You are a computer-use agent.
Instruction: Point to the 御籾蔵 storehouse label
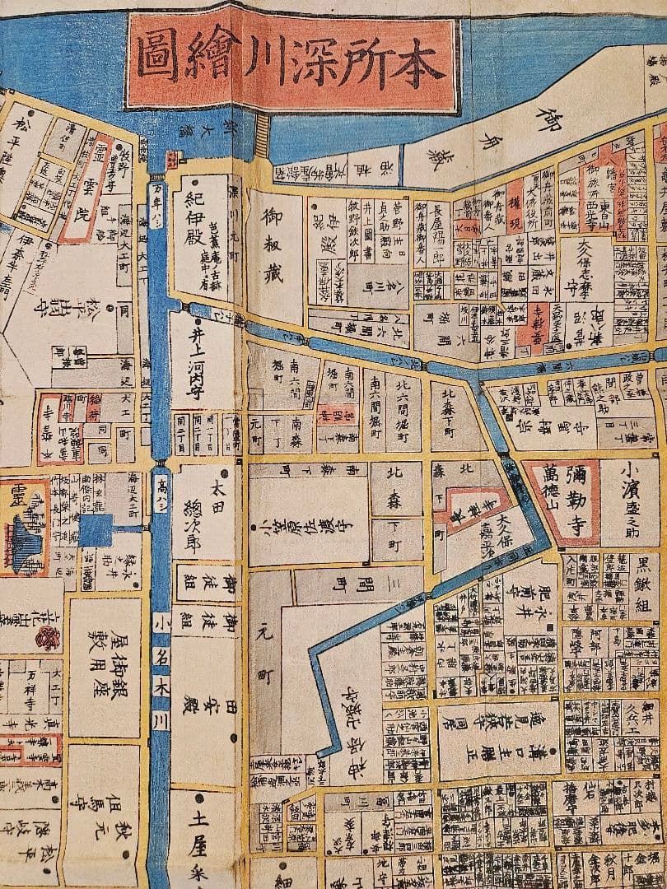pyautogui.click(x=273, y=245)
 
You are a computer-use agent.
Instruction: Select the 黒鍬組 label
pyautogui.click(x=644, y=586)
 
